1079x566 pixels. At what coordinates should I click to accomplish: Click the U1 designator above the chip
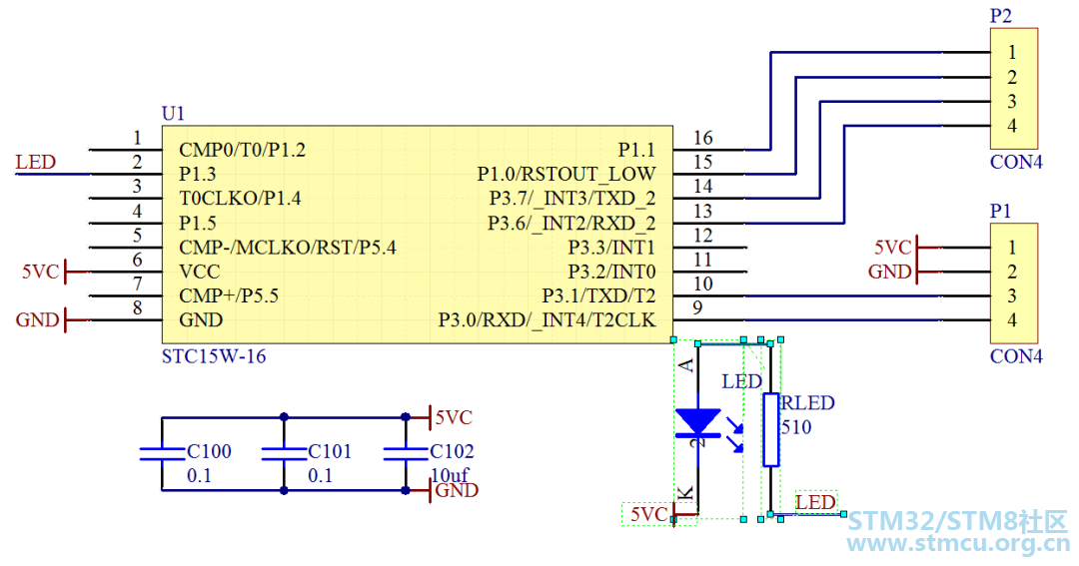173,114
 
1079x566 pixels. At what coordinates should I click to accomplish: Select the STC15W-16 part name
214,356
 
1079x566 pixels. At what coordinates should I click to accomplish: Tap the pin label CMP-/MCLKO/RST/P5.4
288,248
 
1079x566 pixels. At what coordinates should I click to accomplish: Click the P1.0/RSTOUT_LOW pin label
566,174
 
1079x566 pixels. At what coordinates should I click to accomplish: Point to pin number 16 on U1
702,138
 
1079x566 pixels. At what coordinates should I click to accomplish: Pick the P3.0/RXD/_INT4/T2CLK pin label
547,320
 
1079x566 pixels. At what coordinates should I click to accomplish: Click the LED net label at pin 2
36,163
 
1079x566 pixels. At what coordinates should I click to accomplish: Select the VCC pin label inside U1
200,272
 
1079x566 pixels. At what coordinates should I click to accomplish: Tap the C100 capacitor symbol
163,454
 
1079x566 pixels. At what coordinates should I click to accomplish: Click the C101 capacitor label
330,452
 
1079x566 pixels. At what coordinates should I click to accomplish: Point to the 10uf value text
450,475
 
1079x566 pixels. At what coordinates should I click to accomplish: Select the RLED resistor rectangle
770,430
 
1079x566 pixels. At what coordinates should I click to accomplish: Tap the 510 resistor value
796,428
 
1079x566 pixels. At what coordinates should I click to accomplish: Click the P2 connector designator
1000,16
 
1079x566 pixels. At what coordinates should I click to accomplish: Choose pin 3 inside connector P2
1011,102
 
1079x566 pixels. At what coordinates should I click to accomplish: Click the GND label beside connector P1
890,272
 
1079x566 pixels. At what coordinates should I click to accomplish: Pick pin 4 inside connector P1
1011,320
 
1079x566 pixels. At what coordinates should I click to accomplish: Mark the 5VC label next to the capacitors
454,417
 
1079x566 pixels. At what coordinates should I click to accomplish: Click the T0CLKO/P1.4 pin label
240,199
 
